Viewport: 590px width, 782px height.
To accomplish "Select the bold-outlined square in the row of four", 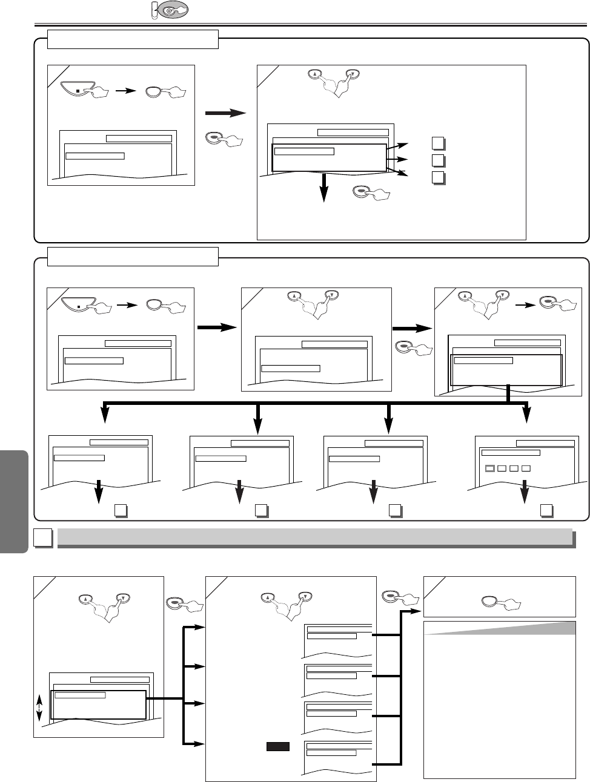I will click(490, 468).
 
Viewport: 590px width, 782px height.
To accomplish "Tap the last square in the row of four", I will click(526, 468).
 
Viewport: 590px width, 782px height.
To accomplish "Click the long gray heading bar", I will click(314, 537).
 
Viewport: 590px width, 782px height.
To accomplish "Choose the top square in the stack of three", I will click(439, 143).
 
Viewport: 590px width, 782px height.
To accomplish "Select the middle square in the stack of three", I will click(439, 160).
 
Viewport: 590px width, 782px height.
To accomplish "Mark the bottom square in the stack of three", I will click(439, 178).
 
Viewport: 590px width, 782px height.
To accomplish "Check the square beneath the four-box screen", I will click(548, 510).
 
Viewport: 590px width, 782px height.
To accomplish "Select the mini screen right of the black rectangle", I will click(338, 756).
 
